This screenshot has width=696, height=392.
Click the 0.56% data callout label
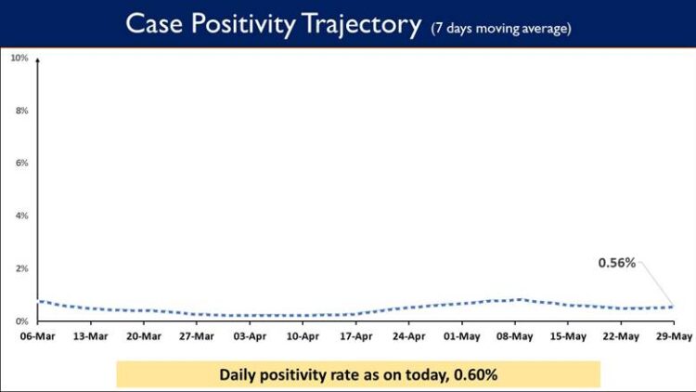click(616, 263)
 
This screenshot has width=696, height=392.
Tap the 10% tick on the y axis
click(19, 58)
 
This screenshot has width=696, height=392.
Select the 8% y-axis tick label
click(20, 111)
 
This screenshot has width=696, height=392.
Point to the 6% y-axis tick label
click(20, 163)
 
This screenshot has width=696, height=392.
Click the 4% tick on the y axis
click(20, 216)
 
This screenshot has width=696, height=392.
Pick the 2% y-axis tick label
click(20, 268)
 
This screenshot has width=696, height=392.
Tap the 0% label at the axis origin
click(20, 321)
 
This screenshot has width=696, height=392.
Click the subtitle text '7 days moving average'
click(500, 28)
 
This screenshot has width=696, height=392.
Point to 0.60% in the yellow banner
click(473, 374)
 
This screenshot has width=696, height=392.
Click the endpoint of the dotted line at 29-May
click(672, 307)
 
